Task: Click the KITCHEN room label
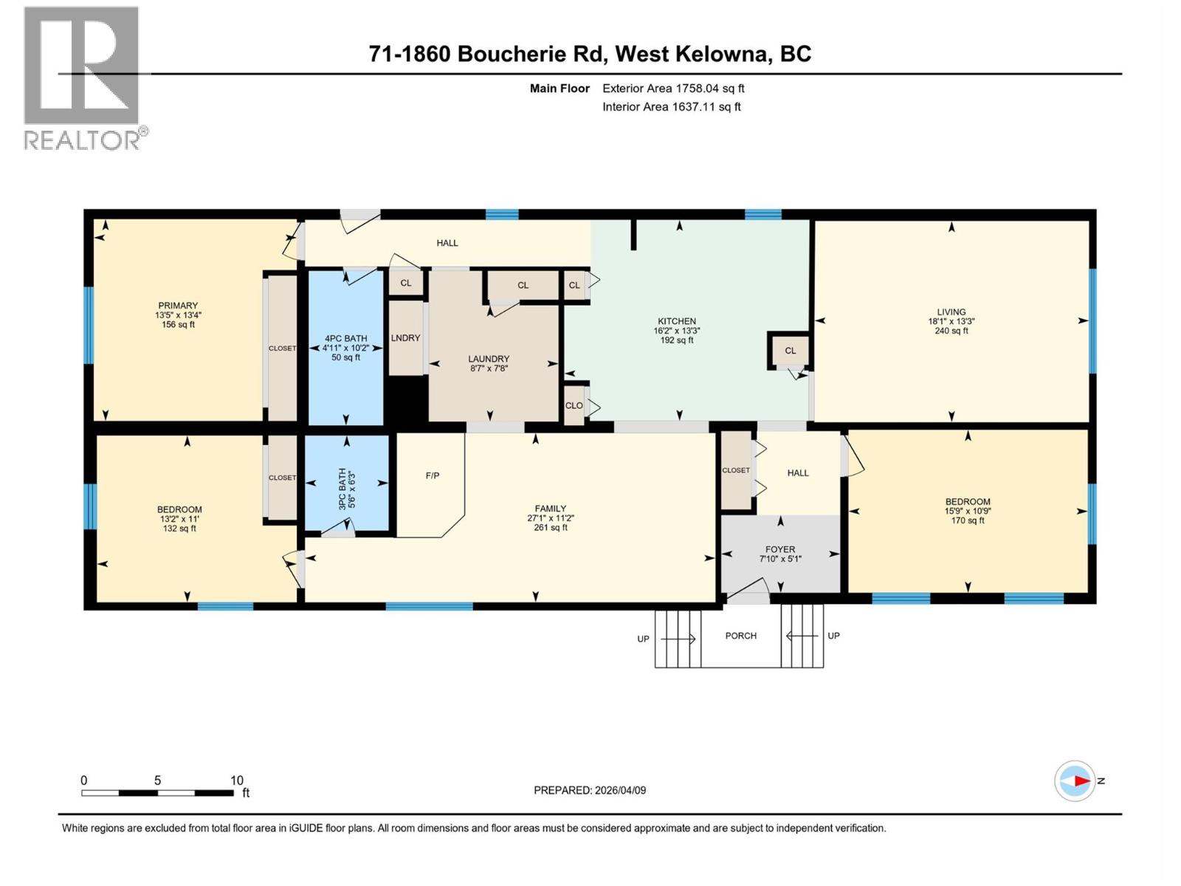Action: click(x=677, y=321)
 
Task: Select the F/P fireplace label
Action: click(x=433, y=475)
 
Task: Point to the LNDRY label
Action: click(x=405, y=338)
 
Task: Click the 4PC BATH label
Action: click(x=345, y=339)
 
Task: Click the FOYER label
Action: click(x=780, y=549)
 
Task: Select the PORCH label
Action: click(x=740, y=636)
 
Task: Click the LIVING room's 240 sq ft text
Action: click(x=951, y=331)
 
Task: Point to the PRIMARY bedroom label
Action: click(x=178, y=306)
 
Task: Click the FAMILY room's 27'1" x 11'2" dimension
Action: click(x=551, y=518)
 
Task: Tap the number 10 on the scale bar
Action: click(x=236, y=780)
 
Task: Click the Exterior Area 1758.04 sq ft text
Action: click(x=673, y=89)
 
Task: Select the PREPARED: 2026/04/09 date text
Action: click(x=590, y=790)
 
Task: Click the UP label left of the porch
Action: click(x=643, y=639)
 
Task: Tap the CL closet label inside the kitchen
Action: click(x=791, y=351)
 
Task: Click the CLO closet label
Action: click(x=574, y=405)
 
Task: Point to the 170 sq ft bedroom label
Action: click(x=968, y=521)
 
